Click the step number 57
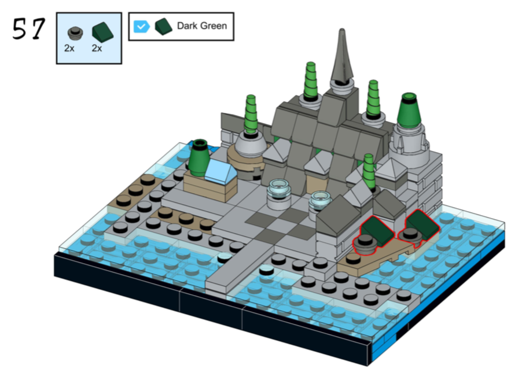(x=28, y=28)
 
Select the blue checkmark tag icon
(x=141, y=26)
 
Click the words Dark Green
(x=202, y=25)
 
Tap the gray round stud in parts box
(x=75, y=32)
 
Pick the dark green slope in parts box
(x=102, y=32)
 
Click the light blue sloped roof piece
(x=220, y=171)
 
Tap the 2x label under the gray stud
(x=69, y=49)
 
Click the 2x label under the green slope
(x=97, y=49)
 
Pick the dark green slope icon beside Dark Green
(x=163, y=26)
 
